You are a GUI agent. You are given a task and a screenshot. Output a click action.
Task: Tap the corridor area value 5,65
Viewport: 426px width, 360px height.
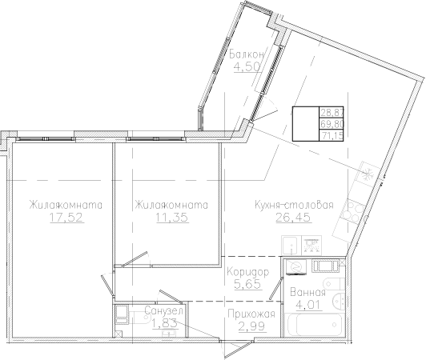coord(242,283)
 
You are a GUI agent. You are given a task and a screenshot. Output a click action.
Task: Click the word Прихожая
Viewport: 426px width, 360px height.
coord(251,314)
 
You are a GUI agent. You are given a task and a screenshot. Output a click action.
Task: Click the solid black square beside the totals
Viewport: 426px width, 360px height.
coord(304,124)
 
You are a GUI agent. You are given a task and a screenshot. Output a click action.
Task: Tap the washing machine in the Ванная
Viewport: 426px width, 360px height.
coord(295,266)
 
